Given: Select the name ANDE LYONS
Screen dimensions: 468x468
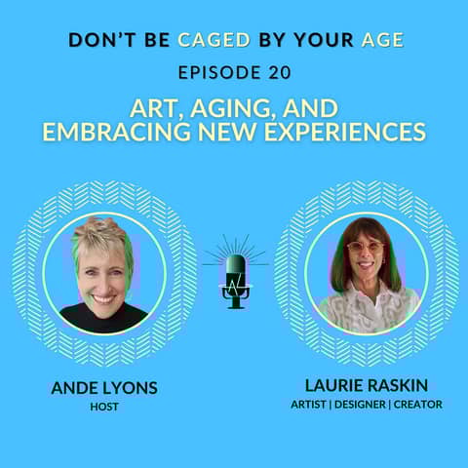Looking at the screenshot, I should [x=103, y=388].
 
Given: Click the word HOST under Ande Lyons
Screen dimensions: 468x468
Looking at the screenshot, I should [x=103, y=405].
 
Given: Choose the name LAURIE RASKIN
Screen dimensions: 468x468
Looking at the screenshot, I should [x=366, y=387].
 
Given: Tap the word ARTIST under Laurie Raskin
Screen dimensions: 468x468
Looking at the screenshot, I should [x=312, y=404].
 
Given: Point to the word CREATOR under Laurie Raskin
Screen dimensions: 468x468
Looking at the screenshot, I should [x=419, y=404].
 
